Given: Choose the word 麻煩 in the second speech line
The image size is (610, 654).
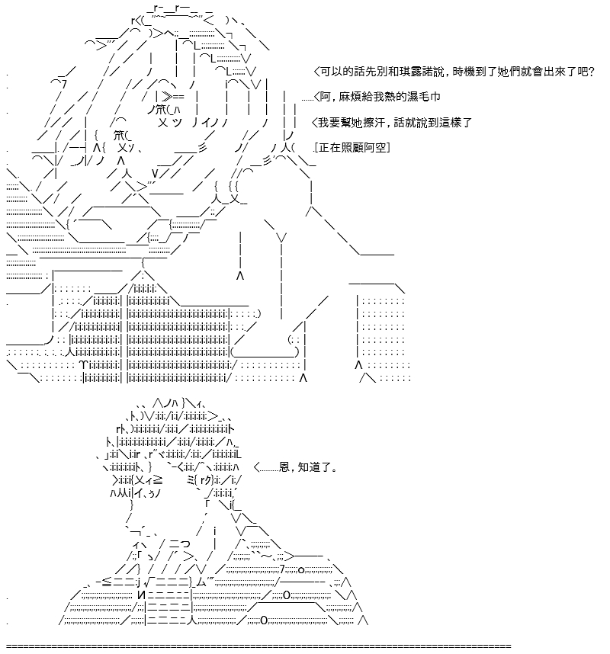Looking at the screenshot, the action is (x=350, y=97).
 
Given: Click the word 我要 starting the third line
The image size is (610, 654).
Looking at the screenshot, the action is (x=329, y=123).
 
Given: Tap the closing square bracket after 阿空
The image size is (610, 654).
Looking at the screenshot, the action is (x=388, y=148).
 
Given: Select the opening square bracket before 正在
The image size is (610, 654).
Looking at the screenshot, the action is (x=317, y=148).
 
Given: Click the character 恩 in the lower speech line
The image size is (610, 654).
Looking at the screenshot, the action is (x=284, y=466).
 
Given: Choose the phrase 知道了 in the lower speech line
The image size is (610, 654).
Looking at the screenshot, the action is (x=316, y=466).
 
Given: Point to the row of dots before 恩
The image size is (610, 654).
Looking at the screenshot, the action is (x=269, y=470).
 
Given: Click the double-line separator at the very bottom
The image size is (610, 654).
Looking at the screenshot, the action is (x=258, y=646).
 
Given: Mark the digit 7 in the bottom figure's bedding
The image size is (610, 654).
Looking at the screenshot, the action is (x=282, y=569).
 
